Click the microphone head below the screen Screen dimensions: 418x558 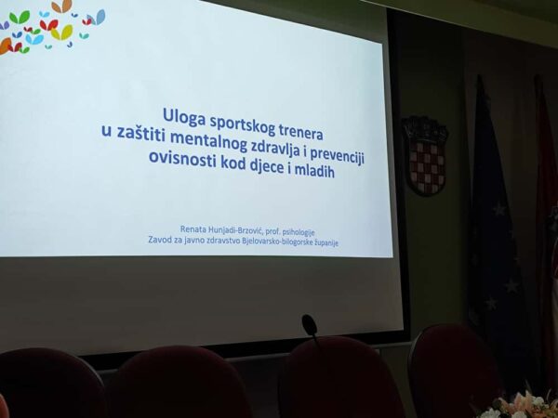pos(309,324)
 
